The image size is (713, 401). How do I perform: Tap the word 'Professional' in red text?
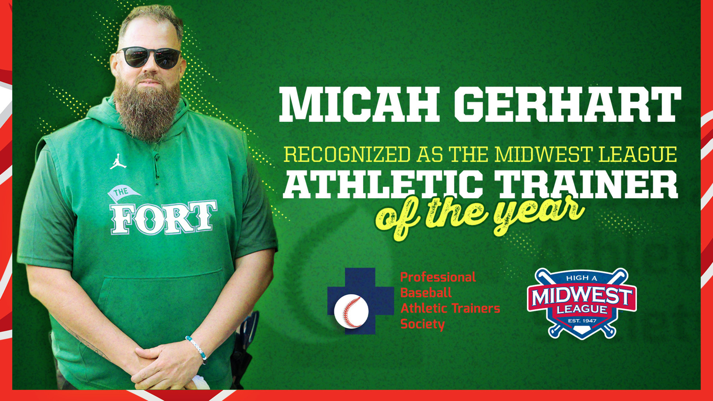[438, 277]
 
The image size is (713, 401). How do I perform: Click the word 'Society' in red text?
[422, 324]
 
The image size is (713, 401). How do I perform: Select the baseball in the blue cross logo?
[351, 311]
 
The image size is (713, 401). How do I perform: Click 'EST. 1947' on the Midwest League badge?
[582, 321]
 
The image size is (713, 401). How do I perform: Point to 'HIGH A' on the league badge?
[582, 278]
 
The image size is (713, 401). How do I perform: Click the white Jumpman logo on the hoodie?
[118, 162]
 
